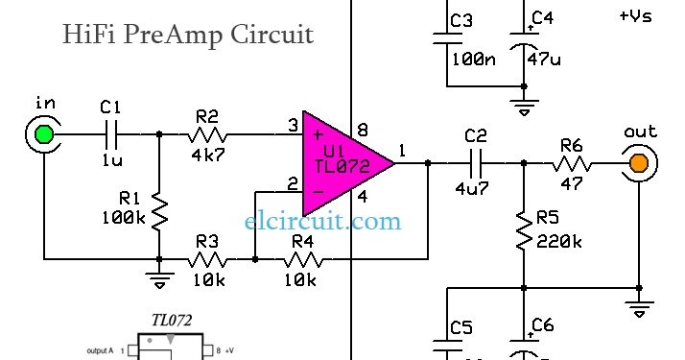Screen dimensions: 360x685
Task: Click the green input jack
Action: pyautogui.click(x=43, y=135)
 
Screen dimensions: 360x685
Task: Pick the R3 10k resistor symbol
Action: pyautogui.click(x=207, y=259)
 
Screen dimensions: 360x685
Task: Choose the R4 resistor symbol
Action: pyautogui.click(x=302, y=259)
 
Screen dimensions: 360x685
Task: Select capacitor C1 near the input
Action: pyautogui.click(x=112, y=135)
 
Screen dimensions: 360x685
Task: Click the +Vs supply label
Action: pyautogui.click(x=636, y=16)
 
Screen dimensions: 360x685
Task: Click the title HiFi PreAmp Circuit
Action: pyautogui.click(x=187, y=36)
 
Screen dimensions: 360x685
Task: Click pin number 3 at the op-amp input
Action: pyautogui.click(x=292, y=125)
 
